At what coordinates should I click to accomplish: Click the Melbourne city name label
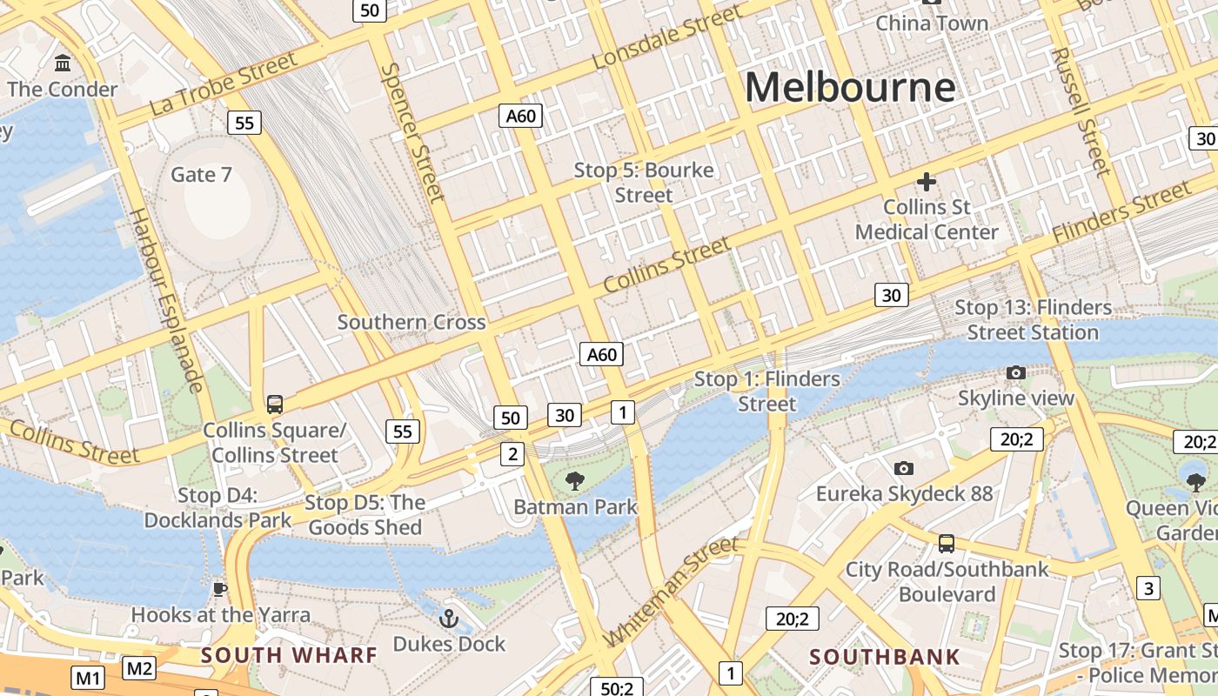tap(849, 88)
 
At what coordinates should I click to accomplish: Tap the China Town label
tap(932, 23)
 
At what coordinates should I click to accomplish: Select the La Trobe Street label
tap(224, 84)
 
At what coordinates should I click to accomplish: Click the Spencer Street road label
tap(413, 131)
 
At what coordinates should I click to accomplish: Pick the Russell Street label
tap(1081, 110)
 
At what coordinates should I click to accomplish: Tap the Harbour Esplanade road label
tap(165, 300)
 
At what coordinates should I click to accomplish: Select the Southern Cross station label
tap(412, 322)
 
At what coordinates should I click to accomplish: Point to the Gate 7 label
tap(201, 175)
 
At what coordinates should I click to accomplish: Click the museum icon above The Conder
tap(63, 64)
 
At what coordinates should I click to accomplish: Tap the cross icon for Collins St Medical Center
tap(926, 182)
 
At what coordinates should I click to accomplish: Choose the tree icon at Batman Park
tap(574, 480)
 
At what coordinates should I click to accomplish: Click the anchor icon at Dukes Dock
tap(449, 619)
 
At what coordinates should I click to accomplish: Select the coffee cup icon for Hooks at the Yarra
tap(220, 589)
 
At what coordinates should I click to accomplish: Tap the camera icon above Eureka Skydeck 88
tap(904, 468)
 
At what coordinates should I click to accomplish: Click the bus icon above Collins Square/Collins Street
tap(275, 404)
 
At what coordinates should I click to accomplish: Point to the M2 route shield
tap(139, 668)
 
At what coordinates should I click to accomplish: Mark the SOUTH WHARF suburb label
tap(289, 655)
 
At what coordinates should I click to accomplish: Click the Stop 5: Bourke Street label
tap(644, 183)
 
